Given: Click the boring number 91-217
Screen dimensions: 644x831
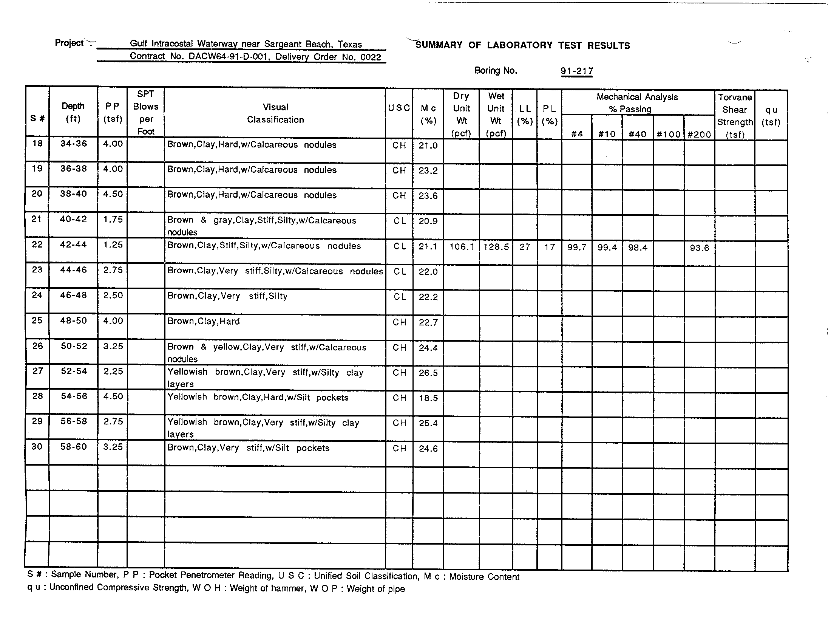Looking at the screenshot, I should click(x=576, y=71).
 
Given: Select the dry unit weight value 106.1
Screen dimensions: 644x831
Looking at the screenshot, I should click(x=461, y=247).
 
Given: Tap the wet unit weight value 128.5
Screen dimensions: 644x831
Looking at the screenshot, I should click(x=496, y=247).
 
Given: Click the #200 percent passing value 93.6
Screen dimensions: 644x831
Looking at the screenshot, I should click(x=699, y=248).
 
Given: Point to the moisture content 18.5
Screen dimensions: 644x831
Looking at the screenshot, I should click(x=428, y=398).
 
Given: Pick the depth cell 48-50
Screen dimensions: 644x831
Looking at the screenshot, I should click(x=74, y=321).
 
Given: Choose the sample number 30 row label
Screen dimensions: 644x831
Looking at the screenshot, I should click(x=37, y=446).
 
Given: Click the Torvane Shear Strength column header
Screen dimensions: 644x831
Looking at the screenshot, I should click(x=735, y=116).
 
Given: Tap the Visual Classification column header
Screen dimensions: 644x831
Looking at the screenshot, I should click(x=275, y=113).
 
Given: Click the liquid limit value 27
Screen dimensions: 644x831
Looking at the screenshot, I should click(x=525, y=247).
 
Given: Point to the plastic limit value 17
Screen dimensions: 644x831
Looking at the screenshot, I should click(x=549, y=247).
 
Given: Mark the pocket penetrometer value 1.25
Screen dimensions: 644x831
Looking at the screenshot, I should click(x=113, y=245).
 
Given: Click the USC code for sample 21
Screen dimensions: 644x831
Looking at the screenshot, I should click(x=400, y=221).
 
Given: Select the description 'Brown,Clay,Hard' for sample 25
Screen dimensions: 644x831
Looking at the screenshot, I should click(x=204, y=322).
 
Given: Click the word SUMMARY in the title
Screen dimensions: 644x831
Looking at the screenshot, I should click(x=439, y=45).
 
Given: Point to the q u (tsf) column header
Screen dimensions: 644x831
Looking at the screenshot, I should click(x=771, y=116).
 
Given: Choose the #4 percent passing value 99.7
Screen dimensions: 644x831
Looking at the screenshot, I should click(x=576, y=248).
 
